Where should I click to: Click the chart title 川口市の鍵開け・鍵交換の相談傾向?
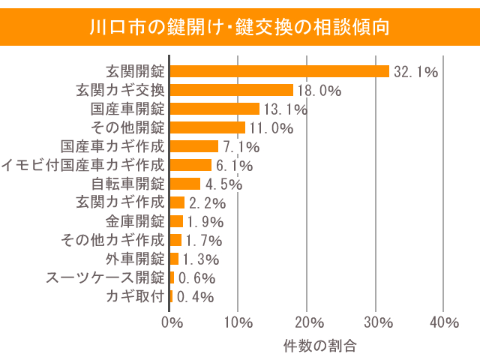239,28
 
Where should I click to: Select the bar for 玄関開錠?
280,71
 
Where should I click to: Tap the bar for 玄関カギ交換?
232,90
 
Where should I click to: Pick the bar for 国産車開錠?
214,109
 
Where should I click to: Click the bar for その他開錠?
208,127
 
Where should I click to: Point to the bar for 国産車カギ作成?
194,146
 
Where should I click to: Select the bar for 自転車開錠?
185,184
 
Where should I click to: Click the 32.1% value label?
415,72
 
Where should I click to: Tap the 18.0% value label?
319,91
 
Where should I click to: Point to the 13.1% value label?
286,109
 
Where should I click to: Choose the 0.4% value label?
195,297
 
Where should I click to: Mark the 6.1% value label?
234,166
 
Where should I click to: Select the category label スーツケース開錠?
104,277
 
